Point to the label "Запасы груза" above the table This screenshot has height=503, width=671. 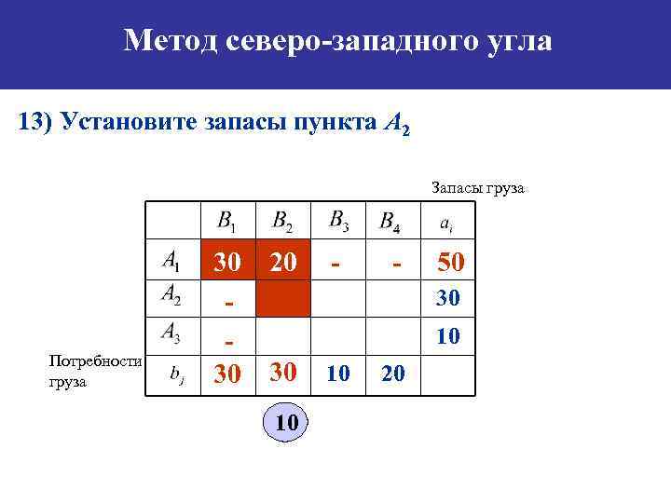pos(478,188)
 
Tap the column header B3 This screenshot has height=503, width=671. pos(338,221)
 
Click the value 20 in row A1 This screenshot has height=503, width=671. pos(283,264)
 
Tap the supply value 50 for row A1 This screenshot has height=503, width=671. pos(449,263)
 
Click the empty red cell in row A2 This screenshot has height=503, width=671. pos(282,299)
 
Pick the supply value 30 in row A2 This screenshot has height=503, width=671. pos(448,299)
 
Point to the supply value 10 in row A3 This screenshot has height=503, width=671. pos(448,334)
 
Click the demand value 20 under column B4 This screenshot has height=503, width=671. pos(394,374)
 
